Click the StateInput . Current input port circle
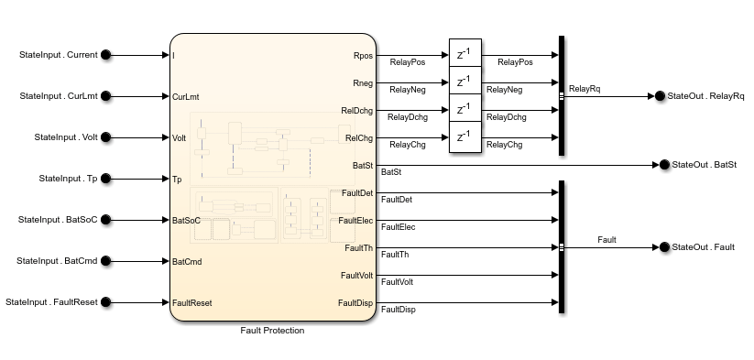point(105,55)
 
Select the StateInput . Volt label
point(65,137)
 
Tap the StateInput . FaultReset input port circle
point(105,302)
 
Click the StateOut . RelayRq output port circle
point(659,96)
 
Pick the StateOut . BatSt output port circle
point(663,165)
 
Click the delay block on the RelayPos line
point(464,55)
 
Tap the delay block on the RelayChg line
point(464,137)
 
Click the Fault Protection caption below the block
point(272,331)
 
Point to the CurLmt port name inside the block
point(186,96)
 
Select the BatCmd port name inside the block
point(187,261)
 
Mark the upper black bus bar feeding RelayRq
point(561,96)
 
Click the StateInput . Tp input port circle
point(105,179)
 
